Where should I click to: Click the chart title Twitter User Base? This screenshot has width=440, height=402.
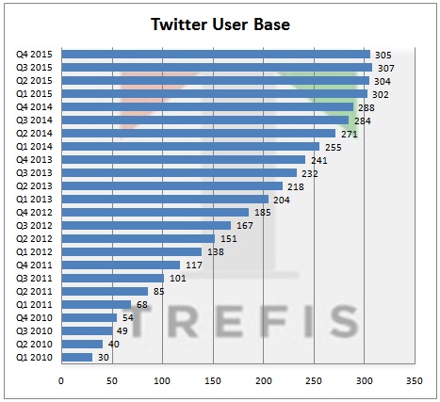220,24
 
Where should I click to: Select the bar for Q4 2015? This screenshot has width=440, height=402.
216,55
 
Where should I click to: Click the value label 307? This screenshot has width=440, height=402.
384,68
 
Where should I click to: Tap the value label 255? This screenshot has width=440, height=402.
333,147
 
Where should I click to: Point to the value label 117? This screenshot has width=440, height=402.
193,265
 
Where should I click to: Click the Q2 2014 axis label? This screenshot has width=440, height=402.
36,134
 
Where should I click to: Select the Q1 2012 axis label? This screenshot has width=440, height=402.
36,251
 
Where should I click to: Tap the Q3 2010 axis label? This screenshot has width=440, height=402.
36,330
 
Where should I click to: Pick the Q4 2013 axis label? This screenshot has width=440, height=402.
36,160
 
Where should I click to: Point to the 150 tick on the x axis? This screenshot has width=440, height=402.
213,381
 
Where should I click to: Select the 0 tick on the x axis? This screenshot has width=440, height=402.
61,381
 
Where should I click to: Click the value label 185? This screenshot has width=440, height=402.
262,213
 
